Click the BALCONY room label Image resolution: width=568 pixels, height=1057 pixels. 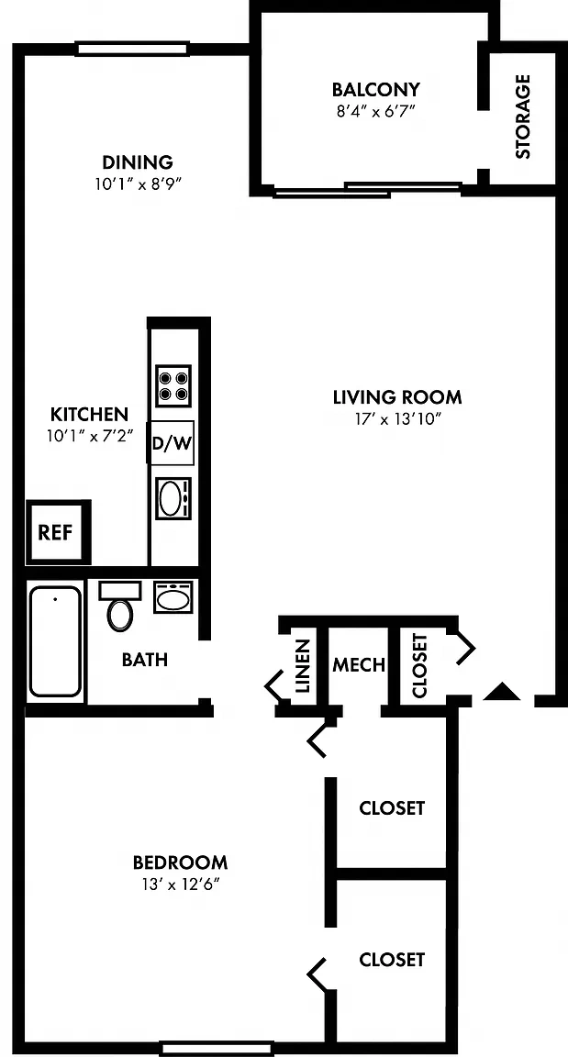pyautogui.click(x=376, y=89)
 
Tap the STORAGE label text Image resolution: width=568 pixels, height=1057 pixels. pyautogui.click(x=523, y=116)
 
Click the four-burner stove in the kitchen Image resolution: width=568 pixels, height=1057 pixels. pyautogui.click(x=173, y=385)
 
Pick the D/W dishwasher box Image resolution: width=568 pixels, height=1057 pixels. pyautogui.click(x=172, y=443)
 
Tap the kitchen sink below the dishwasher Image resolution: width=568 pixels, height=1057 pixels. pyautogui.click(x=173, y=498)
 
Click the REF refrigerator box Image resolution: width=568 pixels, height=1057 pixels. pyautogui.click(x=54, y=532)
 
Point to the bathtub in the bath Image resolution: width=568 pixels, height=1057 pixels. pyautogui.click(x=55, y=641)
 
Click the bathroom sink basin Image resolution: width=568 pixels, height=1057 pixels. pyautogui.click(x=173, y=596)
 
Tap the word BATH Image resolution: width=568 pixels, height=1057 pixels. pyautogui.click(x=145, y=660)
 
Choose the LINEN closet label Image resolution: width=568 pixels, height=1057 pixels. pyautogui.click(x=303, y=666)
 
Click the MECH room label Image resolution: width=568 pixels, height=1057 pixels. pyautogui.click(x=359, y=665)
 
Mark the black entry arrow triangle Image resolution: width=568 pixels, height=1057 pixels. pyautogui.click(x=503, y=693)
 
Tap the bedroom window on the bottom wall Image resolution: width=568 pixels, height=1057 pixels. pyautogui.click(x=217, y=1049)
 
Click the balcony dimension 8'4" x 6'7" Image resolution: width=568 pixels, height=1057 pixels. pyautogui.click(x=376, y=111)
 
